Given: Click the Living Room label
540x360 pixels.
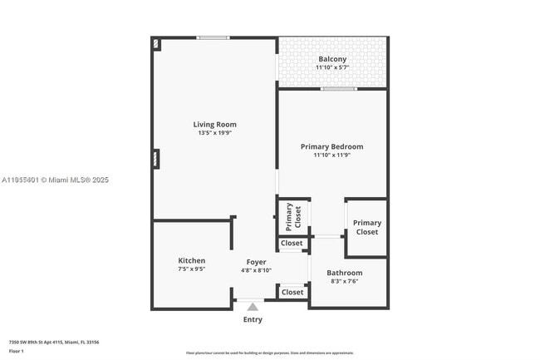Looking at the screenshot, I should click(214, 125).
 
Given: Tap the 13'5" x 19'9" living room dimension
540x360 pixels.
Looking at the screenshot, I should click(214, 133).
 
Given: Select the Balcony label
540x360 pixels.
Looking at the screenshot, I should click(332, 59).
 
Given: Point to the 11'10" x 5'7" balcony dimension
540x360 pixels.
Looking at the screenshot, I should click(332, 67).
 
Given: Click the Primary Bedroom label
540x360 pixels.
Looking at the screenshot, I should click(331, 146).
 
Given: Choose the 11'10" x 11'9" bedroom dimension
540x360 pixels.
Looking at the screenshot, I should click(331, 155).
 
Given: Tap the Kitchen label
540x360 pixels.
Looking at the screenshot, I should click(191, 260).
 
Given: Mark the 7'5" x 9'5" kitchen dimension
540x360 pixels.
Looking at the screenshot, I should click(191, 269).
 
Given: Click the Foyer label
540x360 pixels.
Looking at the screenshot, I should click(256, 262).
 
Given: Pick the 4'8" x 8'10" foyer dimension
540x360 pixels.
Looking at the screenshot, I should click(256, 270).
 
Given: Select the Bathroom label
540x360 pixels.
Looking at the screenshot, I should click(344, 273).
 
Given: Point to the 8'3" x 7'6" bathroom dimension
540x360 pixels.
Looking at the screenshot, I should click(344, 281).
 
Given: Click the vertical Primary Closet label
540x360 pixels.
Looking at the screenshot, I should click(293, 216).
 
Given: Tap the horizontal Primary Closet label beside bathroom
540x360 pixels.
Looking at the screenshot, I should click(366, 227).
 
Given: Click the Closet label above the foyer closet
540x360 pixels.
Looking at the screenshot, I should click(292, 244).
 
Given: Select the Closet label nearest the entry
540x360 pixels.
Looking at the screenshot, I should click(292, 293).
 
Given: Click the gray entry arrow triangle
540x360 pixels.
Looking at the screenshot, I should click(253, 307).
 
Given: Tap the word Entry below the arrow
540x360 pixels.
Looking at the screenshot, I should click(253, 319).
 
